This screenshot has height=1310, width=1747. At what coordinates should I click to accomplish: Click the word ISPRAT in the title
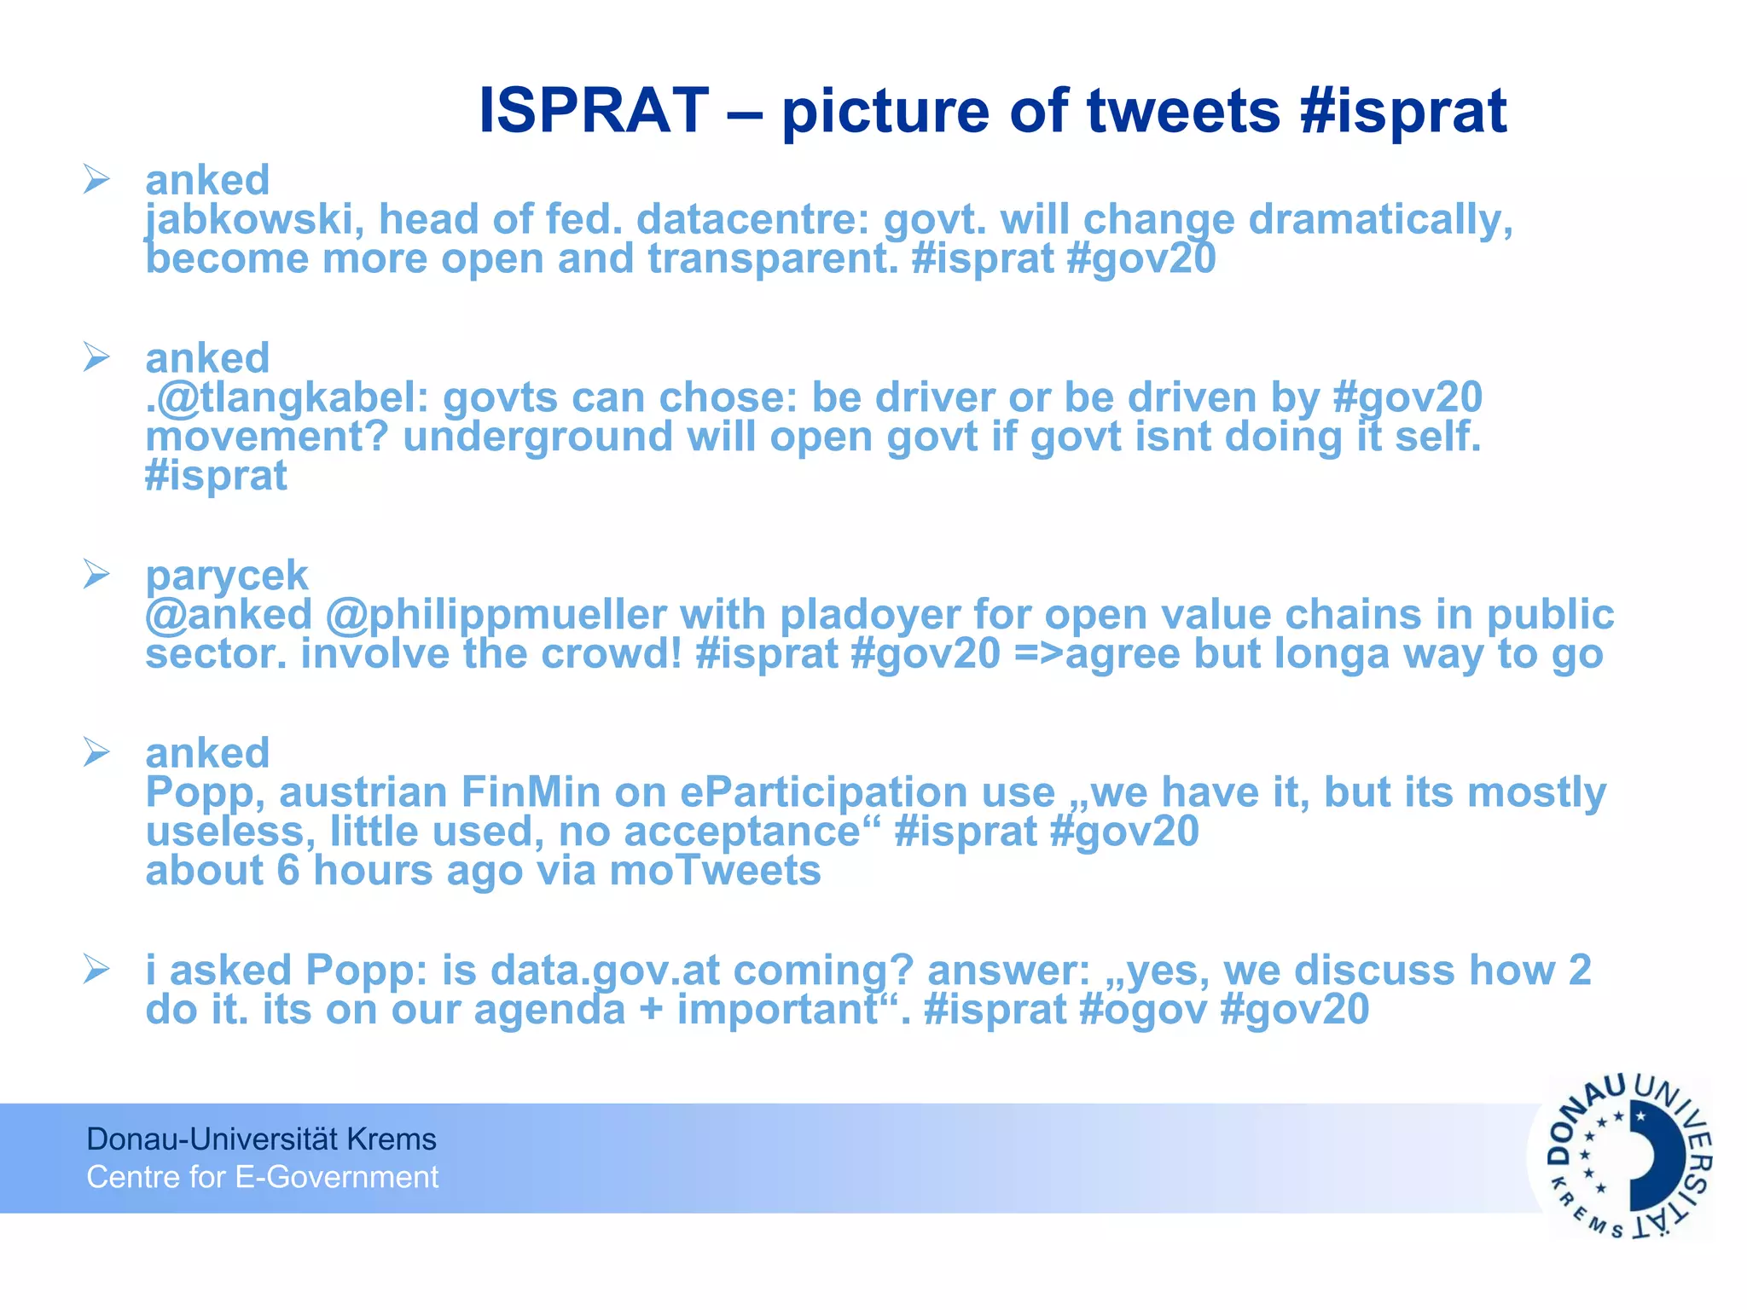tap(594, 111)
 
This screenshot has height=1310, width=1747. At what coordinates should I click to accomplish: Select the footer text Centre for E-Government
tap(263, 1177)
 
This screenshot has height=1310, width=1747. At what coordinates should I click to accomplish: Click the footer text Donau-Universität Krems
tap(261, 1139)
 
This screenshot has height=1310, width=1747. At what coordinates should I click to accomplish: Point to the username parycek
tap(226, 576)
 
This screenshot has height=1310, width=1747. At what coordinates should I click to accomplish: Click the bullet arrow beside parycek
tap(96, 575)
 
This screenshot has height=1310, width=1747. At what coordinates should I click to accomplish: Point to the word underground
tap(537, 438)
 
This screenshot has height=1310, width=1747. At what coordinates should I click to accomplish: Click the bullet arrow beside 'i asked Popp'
tap(96, 970)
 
